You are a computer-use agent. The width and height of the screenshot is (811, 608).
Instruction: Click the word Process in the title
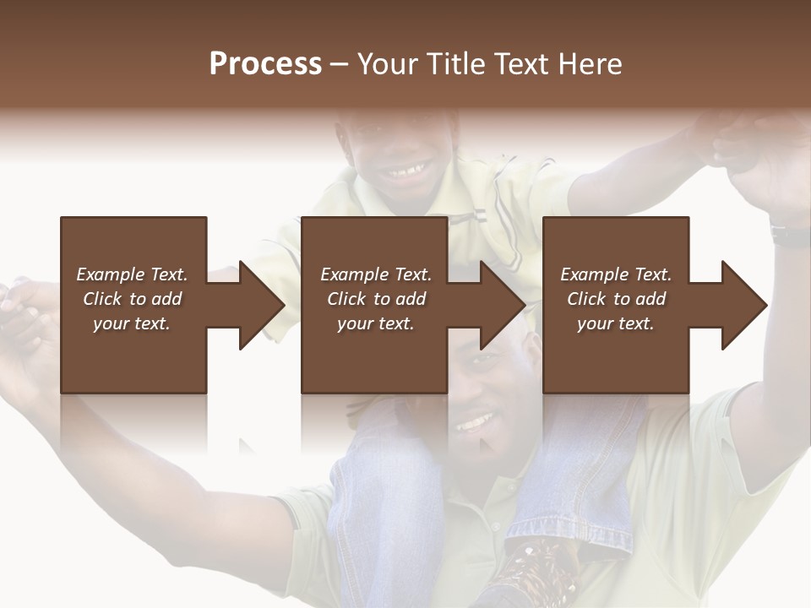click(x=265, y=63)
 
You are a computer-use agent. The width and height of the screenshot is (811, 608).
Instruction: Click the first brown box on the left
click(x=133, y=305)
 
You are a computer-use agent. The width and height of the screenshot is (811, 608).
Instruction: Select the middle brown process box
click(x=374, y=305)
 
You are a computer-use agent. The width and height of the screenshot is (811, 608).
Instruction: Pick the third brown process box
click(x=615, y=305)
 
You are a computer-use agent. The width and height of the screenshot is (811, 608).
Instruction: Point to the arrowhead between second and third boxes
click(x=502, y=305)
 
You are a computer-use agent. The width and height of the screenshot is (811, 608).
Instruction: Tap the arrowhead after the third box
click(x=743, y=305)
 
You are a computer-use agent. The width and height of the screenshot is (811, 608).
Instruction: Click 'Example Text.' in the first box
click(x=132, y=274)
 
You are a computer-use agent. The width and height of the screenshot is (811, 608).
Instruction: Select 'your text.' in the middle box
click(x=375, y=323)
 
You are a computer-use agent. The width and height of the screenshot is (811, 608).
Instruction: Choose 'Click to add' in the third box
click(x=616, y=299)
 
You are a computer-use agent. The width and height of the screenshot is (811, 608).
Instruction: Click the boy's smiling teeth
click(x=407, y=174)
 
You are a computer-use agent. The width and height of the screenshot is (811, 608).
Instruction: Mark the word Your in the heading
click(x=387, y=63)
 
